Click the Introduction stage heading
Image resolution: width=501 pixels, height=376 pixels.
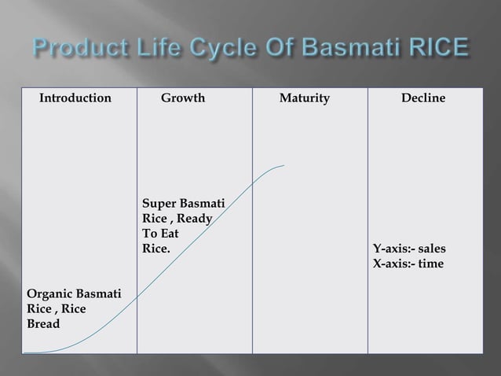[x=75, y=99]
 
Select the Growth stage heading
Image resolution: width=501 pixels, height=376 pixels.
[x=182, y=99]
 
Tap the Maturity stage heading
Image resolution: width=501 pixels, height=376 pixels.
[x=305, y=99]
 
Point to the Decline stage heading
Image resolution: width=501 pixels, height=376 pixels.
[x=422, y=99]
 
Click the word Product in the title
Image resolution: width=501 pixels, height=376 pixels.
[x=74, y=51]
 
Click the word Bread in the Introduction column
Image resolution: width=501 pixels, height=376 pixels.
[x=44, y=323]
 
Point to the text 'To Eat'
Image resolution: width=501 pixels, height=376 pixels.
[x=160, y=234]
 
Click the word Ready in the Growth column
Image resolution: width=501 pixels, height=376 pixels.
[x=193, y=219]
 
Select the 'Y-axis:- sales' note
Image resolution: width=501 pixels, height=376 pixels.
[x=409, y=250]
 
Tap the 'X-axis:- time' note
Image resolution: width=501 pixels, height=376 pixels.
[x=408, y=264]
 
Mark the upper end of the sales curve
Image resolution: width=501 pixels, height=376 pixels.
[x=283, y=165]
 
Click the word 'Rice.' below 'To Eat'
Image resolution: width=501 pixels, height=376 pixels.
[x=155, y=249]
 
